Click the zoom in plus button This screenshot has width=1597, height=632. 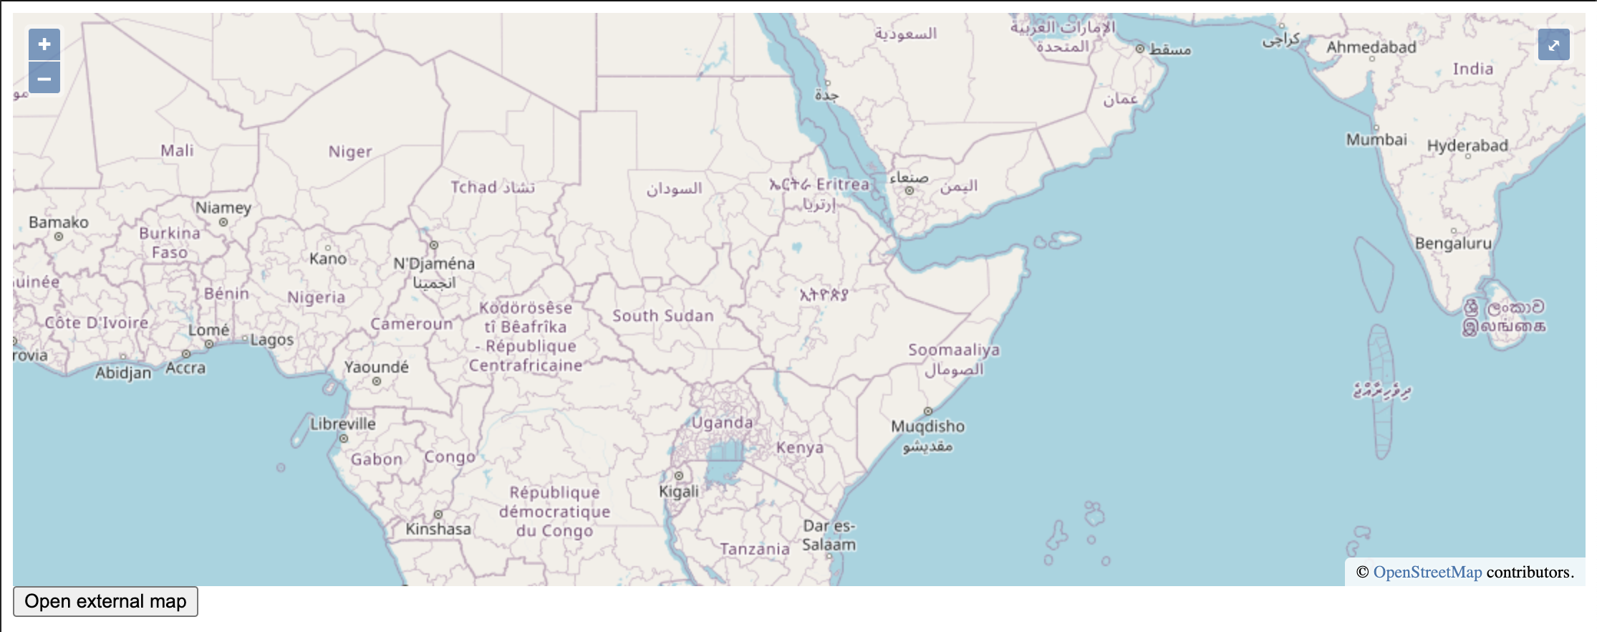point(44,44)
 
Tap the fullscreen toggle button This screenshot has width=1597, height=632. point(1553,45)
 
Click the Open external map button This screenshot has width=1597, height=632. point(105,601)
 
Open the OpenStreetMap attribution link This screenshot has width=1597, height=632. point(1427,572)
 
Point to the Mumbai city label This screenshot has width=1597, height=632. point(1376,140)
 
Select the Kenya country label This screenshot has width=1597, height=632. point(800,448)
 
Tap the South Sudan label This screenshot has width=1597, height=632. point(663,316)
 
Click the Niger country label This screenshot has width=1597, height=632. point(350,152)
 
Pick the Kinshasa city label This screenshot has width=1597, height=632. point(438,530)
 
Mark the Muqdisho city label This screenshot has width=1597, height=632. point(927,426)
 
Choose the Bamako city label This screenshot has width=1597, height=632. point(59,223)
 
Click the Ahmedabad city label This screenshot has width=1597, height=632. point(1371,47)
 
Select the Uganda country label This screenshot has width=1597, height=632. point(722,423)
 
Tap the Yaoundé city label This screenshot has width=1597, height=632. point(376,368)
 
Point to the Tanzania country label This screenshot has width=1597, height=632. point(755,550)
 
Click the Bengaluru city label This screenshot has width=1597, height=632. point(1453,244)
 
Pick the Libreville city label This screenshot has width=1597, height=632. point(343,423)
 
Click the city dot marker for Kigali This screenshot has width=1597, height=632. point(678,475)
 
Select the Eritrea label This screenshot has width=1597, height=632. point(842,184)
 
